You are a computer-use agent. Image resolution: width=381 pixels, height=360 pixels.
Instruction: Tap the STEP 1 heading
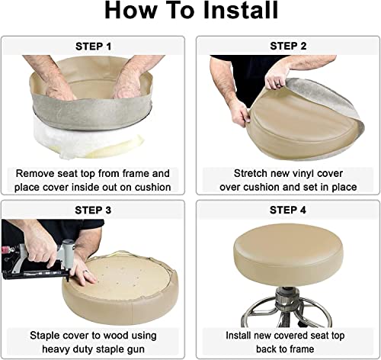coord(93,47)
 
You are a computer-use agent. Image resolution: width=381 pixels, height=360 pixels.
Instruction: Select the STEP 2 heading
coord(288,46)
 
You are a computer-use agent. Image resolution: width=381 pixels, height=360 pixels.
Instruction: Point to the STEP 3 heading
coord(93,211)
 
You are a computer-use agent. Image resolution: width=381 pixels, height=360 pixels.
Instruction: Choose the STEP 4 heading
coord(288,210)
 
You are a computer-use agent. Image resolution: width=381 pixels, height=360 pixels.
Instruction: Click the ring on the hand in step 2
coord(278,84)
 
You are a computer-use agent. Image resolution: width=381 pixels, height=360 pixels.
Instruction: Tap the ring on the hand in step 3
coord(86,272)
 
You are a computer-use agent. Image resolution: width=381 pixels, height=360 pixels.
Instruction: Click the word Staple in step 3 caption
coord(45,336)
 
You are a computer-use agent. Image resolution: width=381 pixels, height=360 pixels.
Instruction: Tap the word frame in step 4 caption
coord(300,349)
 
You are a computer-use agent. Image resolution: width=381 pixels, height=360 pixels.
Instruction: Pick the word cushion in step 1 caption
coord(153,187)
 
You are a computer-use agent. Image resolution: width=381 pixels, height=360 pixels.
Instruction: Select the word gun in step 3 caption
coord(136,349)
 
